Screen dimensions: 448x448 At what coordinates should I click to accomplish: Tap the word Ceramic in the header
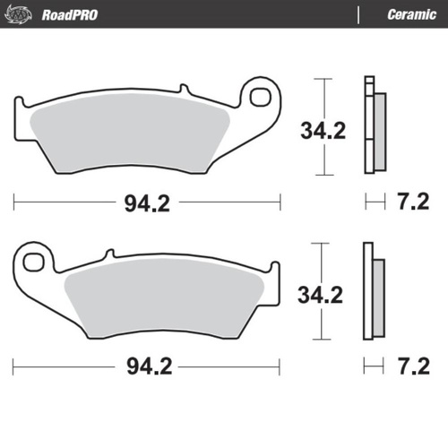point(411,14)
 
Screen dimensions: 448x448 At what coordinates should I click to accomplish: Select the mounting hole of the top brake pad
point(263,94)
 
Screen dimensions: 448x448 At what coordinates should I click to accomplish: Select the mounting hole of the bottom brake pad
point(34,262)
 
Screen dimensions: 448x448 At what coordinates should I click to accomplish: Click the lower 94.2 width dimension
point(147,366)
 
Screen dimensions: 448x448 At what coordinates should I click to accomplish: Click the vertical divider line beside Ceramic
point(358,14)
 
